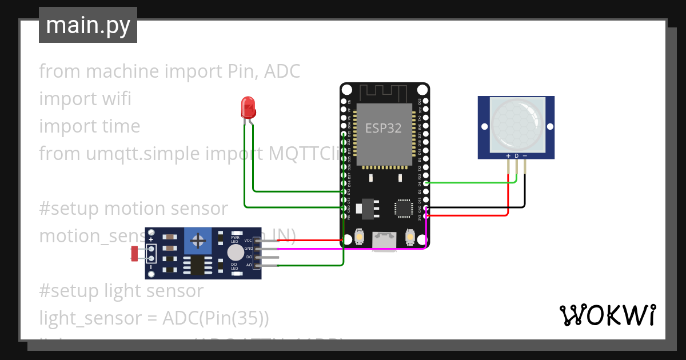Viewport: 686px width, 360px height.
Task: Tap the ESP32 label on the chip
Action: (383, 128)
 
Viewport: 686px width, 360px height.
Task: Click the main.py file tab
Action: (88, 25)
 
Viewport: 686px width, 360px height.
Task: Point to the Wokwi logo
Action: (607, 315)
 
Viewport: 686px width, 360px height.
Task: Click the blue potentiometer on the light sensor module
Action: (198, 241)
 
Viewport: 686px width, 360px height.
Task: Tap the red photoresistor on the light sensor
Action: (135, 253)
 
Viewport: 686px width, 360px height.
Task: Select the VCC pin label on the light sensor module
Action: (248, 241)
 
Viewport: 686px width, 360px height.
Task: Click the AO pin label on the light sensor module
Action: (249, 265)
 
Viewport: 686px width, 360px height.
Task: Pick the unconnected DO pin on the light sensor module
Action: (269, 257)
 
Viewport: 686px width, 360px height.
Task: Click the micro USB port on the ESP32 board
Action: (384, 240)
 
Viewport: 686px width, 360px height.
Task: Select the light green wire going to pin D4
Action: (469, 182)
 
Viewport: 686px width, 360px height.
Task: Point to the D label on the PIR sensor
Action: (516, 156)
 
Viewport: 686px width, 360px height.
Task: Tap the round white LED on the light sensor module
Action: (234, 253)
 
